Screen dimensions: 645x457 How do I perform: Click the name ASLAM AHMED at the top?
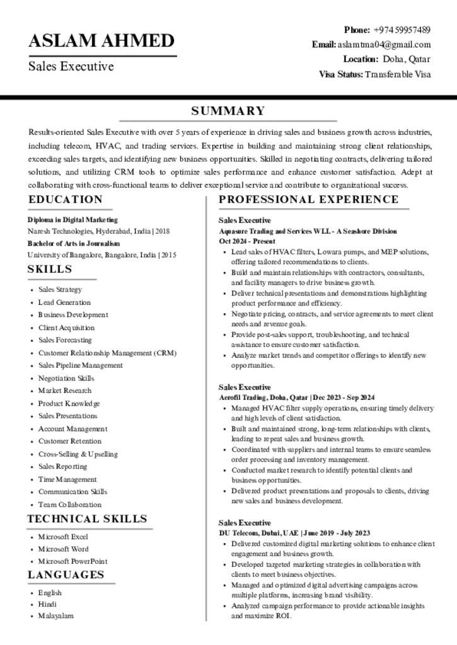[101, 41]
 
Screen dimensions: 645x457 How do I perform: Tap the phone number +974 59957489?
[402, 30]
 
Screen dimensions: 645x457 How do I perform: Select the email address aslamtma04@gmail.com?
[384, 45]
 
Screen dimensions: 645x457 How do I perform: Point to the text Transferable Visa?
[398, 74]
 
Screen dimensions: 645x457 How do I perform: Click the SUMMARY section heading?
[228, 111]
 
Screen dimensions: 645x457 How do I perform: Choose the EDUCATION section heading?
[65, 200]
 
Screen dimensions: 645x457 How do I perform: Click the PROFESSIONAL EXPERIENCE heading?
[308, 200]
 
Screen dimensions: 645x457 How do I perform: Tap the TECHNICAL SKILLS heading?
[87, 519]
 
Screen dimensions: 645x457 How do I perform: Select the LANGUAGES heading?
[66, 574]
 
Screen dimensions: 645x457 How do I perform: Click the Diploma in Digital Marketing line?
[72, 220]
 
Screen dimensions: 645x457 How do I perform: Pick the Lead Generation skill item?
[64, 302]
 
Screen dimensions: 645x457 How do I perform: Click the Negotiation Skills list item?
[66, 379]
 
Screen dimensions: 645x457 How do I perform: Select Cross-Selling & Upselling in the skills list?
[78, 454]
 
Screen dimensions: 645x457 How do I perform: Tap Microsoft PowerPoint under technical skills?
[72, 561]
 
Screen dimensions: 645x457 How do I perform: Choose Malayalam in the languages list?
[56, 616]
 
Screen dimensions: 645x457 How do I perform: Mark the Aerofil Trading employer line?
[296, 397]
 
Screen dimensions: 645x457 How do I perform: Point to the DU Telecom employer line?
[294, 533]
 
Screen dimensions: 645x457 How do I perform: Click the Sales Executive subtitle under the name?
[71, 66]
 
